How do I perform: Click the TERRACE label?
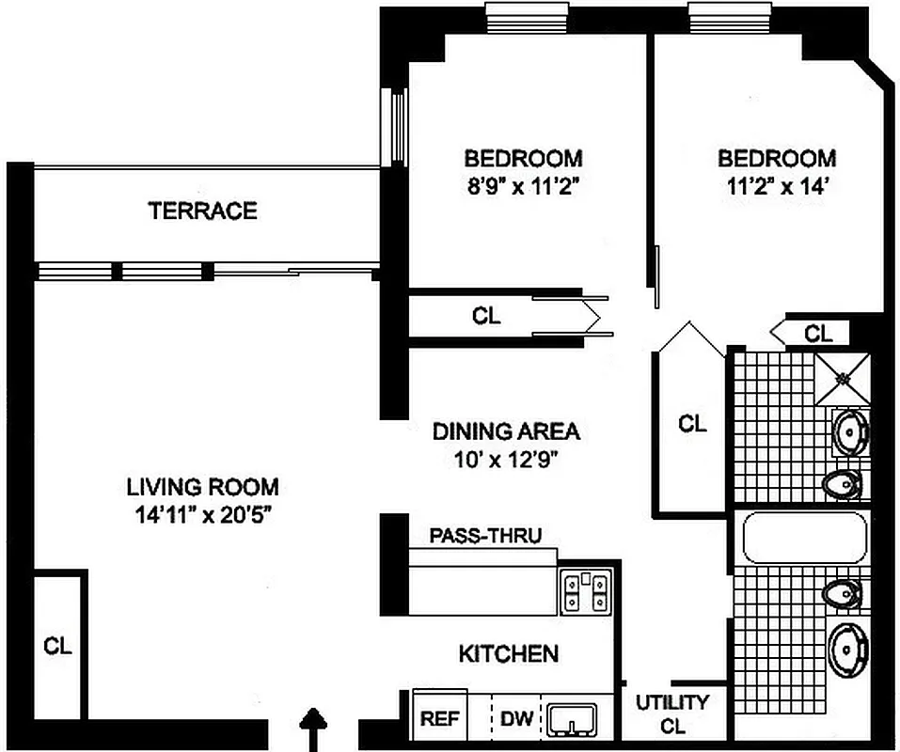(202, 211)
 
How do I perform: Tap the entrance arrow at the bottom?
(313, 729)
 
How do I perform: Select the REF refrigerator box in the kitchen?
(439, 719)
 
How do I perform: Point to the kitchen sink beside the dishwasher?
(574, 720)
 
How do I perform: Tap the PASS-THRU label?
(485, 537)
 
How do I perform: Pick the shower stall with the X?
(843, 377)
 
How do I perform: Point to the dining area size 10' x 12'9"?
(506, 461)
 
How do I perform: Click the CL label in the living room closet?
(57, 647)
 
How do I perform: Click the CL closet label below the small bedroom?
(486, 317)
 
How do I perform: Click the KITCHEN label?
(508, 653)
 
